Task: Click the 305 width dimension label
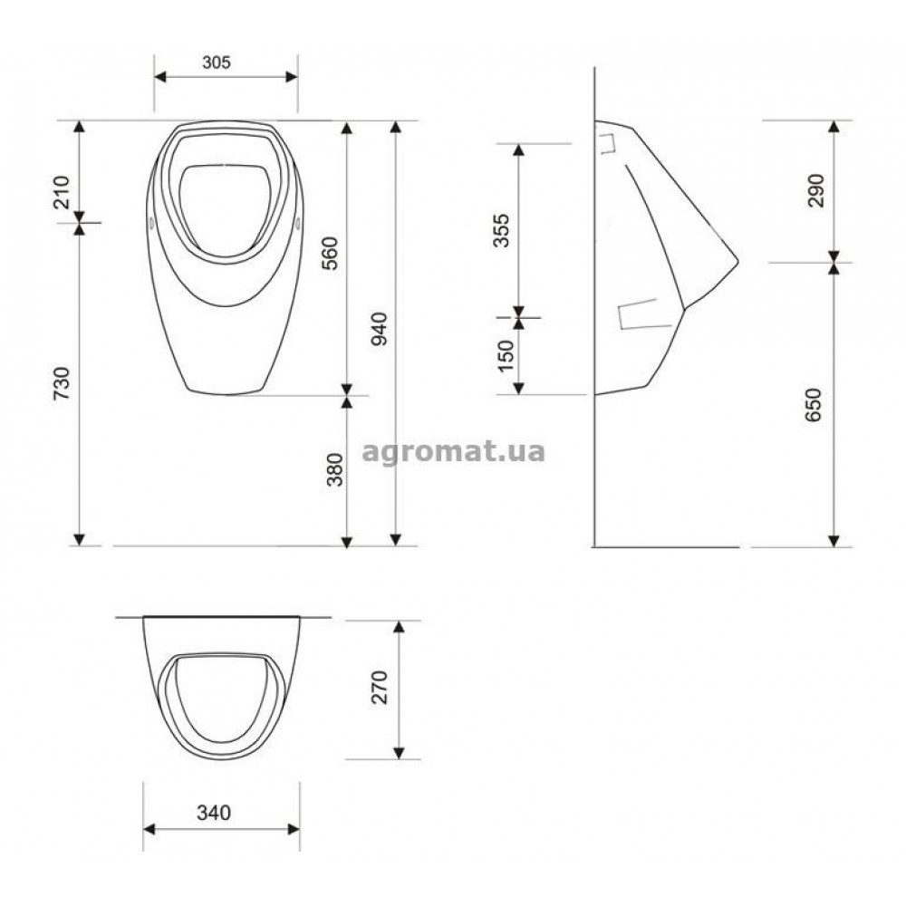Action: [x=217, y=62]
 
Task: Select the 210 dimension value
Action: [x=62, y=192]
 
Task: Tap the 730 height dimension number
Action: [x=62, y=383]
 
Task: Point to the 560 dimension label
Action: [x=330, y=253]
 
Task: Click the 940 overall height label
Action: [x=379, y=329]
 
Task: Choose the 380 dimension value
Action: [x=335, y=469]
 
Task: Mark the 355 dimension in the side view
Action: [x=502, y=230]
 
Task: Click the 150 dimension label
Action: [x=506, y=355]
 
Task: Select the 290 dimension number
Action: [x=816, y=190]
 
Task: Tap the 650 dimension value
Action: [x=813, y=404]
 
